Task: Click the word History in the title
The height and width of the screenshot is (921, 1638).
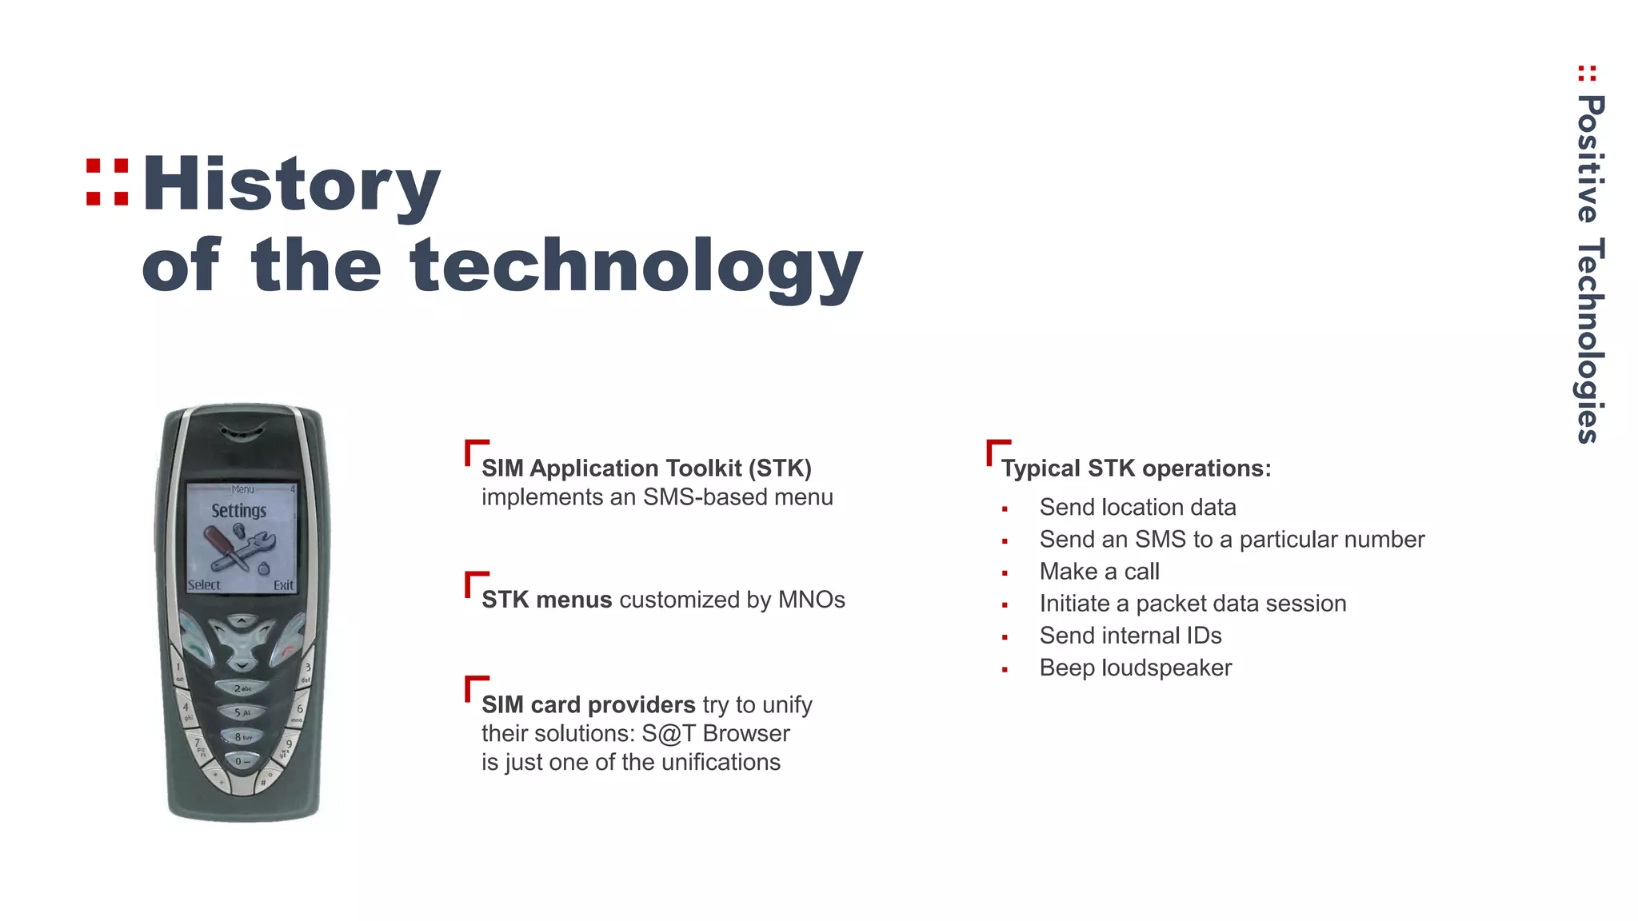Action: (291, 185)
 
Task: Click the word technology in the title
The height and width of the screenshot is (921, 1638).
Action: (636, 268)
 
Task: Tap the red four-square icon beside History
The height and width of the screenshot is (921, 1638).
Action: (107, 183)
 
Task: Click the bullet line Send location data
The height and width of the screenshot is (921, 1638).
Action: (1137, 508)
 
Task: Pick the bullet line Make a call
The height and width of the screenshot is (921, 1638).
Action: (1099, 572)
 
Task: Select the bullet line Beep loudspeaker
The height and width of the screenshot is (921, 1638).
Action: (1135, 668)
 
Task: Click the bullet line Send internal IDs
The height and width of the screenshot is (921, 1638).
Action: (1130, 636)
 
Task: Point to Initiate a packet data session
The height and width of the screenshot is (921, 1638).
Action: (1193, 604)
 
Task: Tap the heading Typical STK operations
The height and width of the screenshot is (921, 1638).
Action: (1136, 468)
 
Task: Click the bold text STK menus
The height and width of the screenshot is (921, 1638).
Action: (546, 600)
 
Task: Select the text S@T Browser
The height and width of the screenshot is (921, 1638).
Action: (715, 734)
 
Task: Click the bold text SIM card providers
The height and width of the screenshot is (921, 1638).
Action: (588, 705)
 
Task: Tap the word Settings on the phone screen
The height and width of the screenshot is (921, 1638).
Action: (238, 511)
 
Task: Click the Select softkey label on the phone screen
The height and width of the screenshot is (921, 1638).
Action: (204, 585)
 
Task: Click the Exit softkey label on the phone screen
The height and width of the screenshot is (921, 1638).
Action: (283, 585)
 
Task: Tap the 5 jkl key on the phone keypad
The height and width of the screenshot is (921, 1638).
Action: (242, 712)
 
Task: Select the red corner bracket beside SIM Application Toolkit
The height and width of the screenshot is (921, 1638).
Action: (475, 450)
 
